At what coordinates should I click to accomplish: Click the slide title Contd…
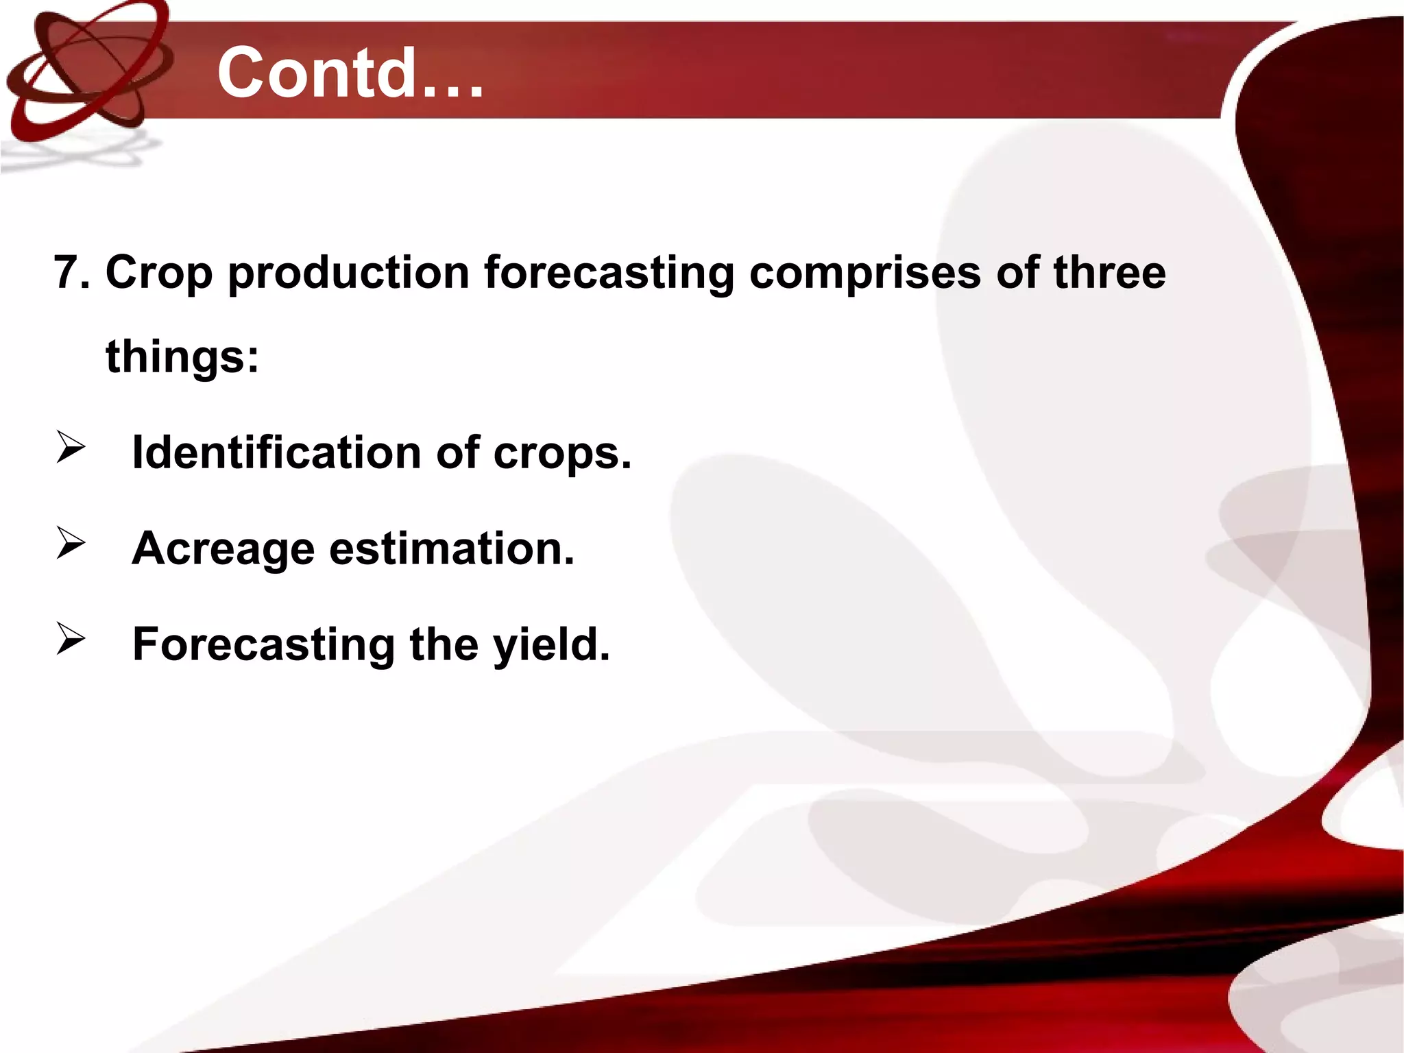(x=350, y=73)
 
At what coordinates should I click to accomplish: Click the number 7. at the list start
(x=72, y=272)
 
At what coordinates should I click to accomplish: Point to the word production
(x=349, y=273)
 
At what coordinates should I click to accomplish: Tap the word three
(x=1109, y=272)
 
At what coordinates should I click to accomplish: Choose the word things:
(x=182, y=358)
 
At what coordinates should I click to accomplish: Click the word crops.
(x=562, y=455)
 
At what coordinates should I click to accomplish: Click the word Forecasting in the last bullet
(x=263, y=646)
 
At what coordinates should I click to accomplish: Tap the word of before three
(x=1017, y=272)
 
